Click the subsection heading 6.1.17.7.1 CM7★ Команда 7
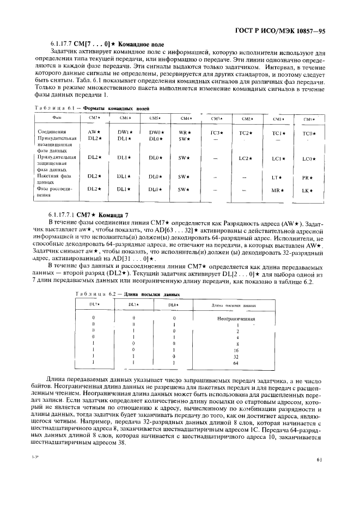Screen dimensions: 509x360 [88, 216]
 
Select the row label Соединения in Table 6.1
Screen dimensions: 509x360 [52, 132]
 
